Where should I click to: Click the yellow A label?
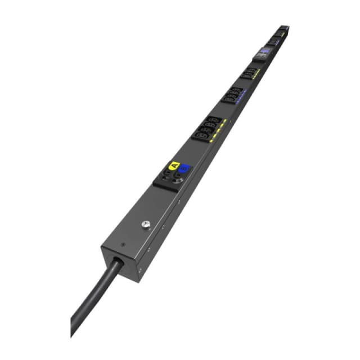174,166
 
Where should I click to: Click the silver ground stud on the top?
147,226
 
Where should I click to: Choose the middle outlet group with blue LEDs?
232,94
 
